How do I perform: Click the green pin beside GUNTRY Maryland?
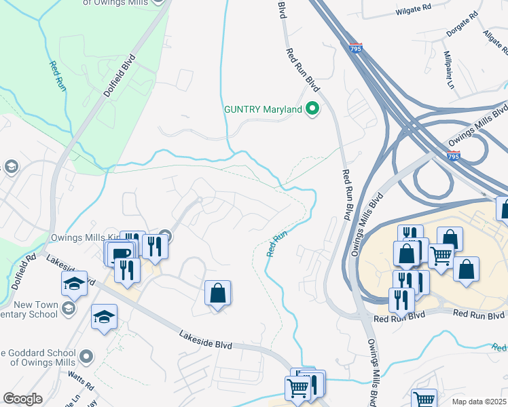(312, 109)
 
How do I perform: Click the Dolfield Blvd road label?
(120, 78)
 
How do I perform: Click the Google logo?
(22, 399)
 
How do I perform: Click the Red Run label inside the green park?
(57, 76)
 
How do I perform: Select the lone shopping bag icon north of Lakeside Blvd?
(218, 294)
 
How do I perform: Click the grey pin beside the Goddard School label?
(86, 356)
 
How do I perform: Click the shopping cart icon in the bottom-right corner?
(424, 400)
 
